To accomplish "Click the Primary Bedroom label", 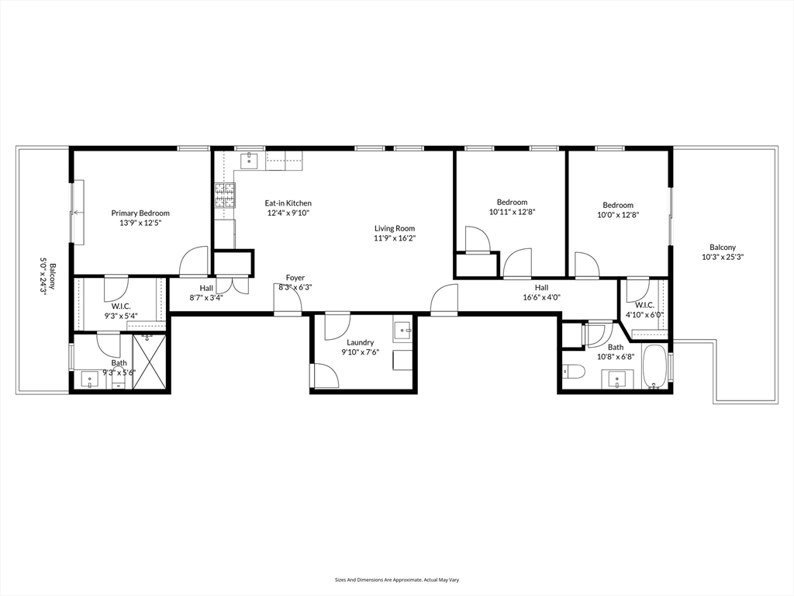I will click(x=140, y=213).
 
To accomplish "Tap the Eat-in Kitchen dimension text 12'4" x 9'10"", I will click(x=288, y=213).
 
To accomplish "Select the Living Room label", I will click(x=395, y=228).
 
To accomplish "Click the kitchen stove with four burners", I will click(x=225, y=196).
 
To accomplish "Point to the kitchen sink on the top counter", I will click(x=250, y=161).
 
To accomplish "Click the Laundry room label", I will click(x=361, y=342).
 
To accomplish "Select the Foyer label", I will click(x=295, y=278).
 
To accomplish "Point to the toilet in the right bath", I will click(x=574, y=372).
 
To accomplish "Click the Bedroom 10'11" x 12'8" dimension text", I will click(x=512, y=212).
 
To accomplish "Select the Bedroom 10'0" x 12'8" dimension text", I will click(x=618, y=215).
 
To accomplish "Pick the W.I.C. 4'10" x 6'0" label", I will click(x=644, y=310).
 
